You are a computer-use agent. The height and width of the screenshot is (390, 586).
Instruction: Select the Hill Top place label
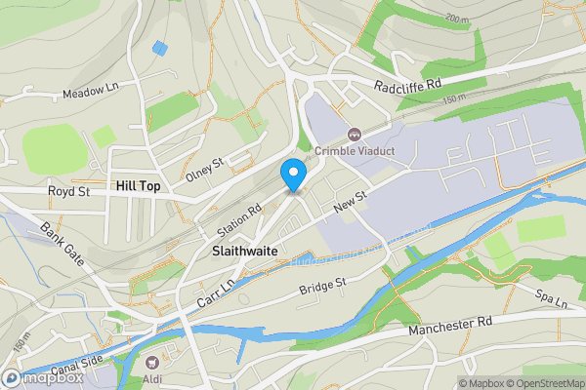pos(138,185)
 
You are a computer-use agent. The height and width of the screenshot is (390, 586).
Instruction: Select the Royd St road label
pos(69,192)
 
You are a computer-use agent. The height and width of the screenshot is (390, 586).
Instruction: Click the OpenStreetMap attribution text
pos(540,382)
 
